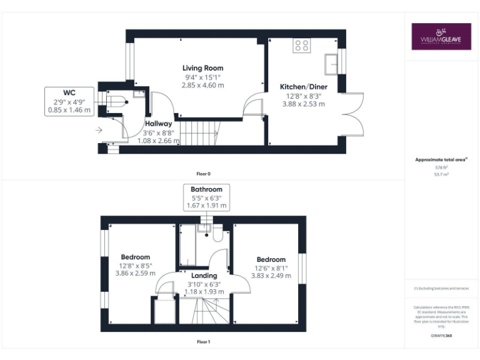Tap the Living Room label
(202, 68)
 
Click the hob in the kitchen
(302, 45)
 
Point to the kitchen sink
(331, 62)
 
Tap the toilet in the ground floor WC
(117, 101)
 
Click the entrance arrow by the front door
(99, 131)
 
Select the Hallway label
(159, 124)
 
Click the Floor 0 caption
(203, 173)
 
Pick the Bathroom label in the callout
(206, 189)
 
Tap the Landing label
(204, 275)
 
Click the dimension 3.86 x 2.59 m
(136, 273)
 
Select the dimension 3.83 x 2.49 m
(271, 276)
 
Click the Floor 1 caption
(203, 342)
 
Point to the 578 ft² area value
(441, 167)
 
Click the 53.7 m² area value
(441, 175)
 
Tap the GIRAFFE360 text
(441, 336)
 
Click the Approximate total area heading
(441, 160)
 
